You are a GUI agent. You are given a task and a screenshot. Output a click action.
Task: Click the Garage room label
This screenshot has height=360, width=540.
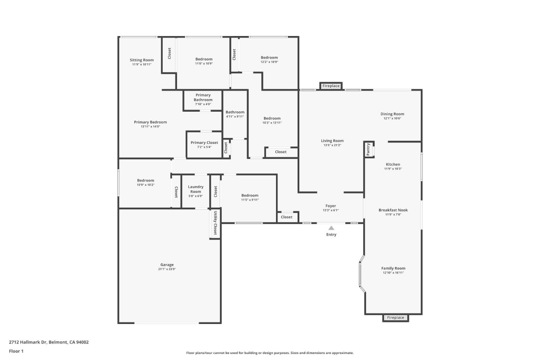(167, 265)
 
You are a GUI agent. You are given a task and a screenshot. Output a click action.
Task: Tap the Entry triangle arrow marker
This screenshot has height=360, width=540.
(331, 228)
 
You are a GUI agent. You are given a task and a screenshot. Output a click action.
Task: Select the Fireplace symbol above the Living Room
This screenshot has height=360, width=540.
(331, 86)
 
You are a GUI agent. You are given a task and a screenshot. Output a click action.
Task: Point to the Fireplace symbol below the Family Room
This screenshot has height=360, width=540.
(396, 318)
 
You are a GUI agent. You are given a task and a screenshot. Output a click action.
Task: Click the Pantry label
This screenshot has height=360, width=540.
(368, 149)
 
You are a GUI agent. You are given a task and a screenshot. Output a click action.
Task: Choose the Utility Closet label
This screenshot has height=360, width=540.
(215, 223)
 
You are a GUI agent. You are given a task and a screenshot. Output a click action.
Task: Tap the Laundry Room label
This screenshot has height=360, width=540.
(195, 189)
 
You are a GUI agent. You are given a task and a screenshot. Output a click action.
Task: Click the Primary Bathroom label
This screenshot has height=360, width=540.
(203, 97)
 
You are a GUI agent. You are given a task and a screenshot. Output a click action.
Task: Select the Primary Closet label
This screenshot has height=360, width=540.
(204, 142)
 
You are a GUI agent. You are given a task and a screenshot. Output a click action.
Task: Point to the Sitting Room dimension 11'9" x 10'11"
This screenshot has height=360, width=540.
(142, 64)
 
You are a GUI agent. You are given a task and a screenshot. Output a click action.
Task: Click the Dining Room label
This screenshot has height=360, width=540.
(392, 114)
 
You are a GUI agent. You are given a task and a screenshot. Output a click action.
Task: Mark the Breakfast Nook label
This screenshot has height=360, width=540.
(393, 210)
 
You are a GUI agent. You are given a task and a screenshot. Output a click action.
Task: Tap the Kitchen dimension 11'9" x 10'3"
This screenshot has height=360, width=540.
(393, 169)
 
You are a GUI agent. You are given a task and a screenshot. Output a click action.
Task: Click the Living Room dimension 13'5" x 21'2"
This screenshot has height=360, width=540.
(332, 145)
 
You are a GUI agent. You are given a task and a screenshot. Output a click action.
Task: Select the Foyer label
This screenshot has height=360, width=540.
(331, 206)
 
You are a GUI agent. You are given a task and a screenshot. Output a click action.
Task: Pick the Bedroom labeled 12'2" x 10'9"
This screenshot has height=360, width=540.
(269, 58)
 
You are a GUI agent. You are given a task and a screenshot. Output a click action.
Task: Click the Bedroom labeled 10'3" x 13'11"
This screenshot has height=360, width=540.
(272, 118)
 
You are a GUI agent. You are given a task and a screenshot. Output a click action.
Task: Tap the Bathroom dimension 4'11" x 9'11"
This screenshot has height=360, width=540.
(235, 117)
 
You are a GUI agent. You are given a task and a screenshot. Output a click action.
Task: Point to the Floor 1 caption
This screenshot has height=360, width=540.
(16, 351)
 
